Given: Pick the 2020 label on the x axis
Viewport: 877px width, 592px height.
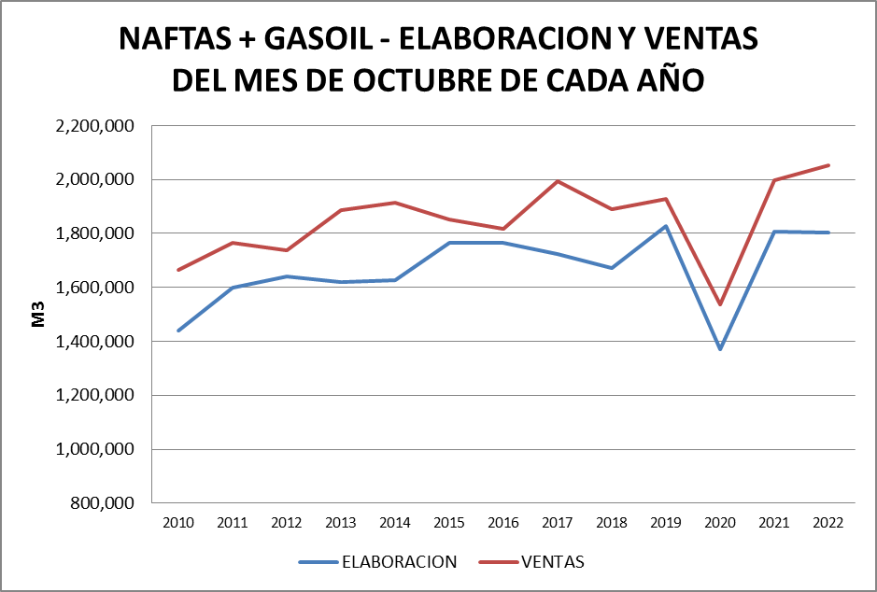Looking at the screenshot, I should (720, 522).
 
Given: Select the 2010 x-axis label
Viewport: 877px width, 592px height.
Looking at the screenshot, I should (177, 522).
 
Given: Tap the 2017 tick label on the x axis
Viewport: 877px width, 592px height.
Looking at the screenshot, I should (558, 522).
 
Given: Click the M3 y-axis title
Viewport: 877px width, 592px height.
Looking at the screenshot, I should (39, 315).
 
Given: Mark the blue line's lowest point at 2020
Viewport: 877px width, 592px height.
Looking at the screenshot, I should (720, 349).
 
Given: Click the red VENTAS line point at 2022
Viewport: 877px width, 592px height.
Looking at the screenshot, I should (828, 165).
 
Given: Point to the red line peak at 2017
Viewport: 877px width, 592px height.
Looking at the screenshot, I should (558, 181).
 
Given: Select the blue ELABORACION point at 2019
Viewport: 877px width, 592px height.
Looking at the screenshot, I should (666, 226).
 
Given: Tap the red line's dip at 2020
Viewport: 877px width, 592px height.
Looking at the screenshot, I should (720, 304).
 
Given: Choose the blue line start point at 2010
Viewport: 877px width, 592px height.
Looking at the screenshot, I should (177, 331).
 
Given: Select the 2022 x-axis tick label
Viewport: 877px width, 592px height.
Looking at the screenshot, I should (828, 522).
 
